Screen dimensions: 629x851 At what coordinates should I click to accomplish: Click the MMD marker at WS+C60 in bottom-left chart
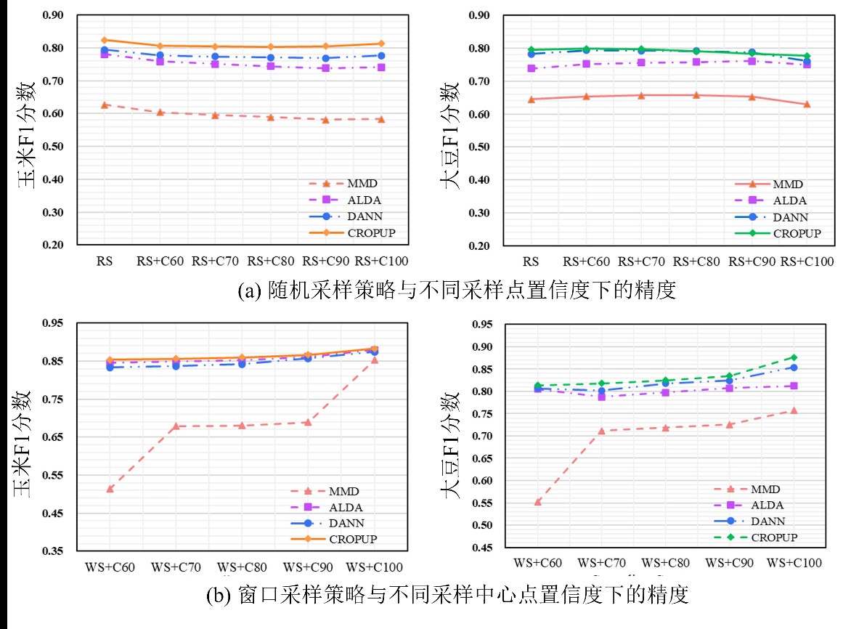click(x=110, y=488)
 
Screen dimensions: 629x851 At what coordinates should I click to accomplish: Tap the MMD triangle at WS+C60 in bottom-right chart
click(x=538, y=501)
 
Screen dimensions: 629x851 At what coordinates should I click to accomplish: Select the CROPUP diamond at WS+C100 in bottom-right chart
click(x=794, y=357)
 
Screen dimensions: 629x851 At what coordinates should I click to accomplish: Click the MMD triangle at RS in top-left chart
click(x=105, y=105)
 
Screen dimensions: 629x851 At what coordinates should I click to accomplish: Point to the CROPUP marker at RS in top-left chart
click(x=105, y=40)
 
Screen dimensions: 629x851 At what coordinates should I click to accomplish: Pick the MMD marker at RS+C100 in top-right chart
click(x=806, y=104)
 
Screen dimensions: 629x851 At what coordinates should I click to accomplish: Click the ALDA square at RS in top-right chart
click(x=532, y=68)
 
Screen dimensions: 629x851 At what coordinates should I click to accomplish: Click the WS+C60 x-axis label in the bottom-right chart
click(x=538, y=563)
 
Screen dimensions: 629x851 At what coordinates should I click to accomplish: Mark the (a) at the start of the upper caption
click(x=248, y=293)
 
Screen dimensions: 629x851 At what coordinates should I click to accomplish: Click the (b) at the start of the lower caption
click(x=218, y=597)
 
